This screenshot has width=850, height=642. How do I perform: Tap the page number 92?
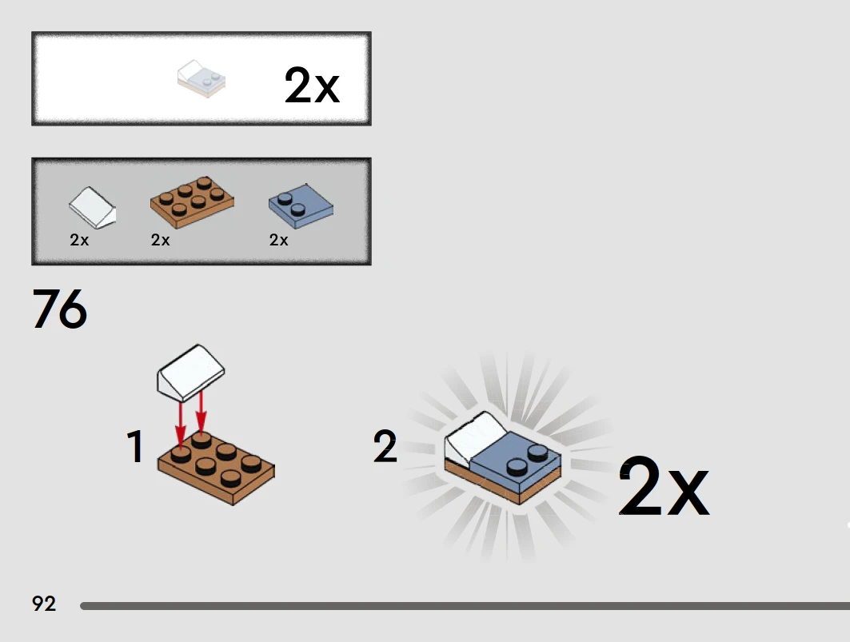click(44, 604)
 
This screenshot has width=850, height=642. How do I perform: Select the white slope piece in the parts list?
click(92, 208)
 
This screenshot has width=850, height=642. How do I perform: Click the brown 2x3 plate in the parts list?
click(192, 201)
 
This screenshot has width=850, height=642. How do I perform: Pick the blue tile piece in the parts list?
click(301, 205)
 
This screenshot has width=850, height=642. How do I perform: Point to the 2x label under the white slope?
click(79, 240)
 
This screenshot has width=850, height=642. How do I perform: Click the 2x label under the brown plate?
click(161, 240)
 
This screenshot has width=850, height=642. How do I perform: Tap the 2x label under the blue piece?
click(278, 240)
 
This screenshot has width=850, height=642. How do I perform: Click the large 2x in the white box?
click(312, 85)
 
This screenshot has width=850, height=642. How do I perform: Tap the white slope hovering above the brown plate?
click(190, 373)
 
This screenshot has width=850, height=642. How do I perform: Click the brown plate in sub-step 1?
click(216, 469)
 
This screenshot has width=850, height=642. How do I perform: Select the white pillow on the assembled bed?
click(470, 437)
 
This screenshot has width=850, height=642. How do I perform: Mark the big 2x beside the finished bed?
click(664, 486)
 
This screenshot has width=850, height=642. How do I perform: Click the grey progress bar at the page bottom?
click(465, 606)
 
